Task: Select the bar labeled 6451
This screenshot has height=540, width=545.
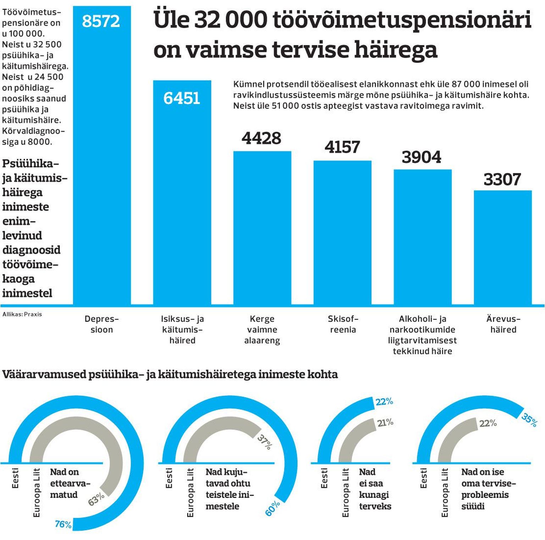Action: [182, 199]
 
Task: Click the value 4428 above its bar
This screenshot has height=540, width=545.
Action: [262, 138]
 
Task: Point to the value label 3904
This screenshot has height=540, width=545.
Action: [422, 157]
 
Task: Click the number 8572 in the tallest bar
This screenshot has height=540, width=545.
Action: [101, 21]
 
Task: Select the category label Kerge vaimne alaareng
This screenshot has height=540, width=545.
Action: [262, 329]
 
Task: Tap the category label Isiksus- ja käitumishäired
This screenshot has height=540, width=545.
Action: [182, 329]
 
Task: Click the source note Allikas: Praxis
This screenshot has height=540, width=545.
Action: [22, 314]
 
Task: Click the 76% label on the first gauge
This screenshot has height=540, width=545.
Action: [63, 524]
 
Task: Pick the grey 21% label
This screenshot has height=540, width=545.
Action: [385, 422]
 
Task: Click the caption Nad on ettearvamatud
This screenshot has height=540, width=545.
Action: [70, 483]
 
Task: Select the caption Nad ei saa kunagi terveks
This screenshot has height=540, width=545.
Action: [375, 489]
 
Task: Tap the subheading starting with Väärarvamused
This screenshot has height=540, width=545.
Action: [170, 374]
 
